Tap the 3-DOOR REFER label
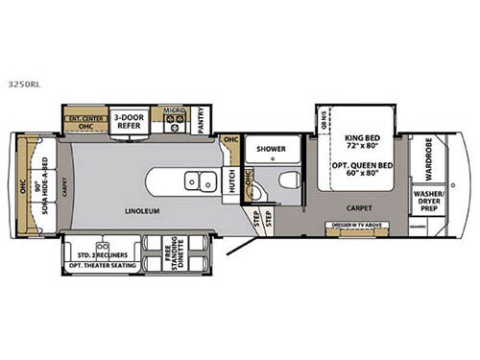click(x=130, y=121)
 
